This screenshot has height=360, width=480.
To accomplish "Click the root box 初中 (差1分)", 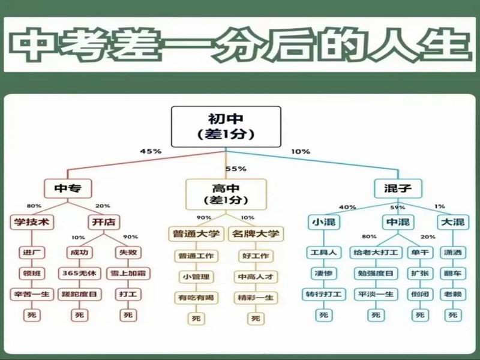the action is [x=226, y=127].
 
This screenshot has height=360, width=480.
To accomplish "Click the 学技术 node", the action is [x=31, y=222].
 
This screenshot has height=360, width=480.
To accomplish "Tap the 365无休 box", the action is [x=78, y=273].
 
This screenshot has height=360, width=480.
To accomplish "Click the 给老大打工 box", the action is [x=375, y=253].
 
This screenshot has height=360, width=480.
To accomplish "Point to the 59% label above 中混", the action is [x=398, y=207].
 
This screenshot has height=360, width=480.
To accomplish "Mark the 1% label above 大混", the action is [x=440, y=207].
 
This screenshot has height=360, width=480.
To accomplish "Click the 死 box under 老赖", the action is [x=453, y=314].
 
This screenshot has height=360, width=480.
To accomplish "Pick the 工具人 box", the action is [x=323, y=253].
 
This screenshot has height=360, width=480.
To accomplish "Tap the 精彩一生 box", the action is [x=256, y=297].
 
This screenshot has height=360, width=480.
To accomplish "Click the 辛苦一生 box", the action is [x=32, y=294].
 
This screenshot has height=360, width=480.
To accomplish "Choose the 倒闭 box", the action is [x=420, y=294].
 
